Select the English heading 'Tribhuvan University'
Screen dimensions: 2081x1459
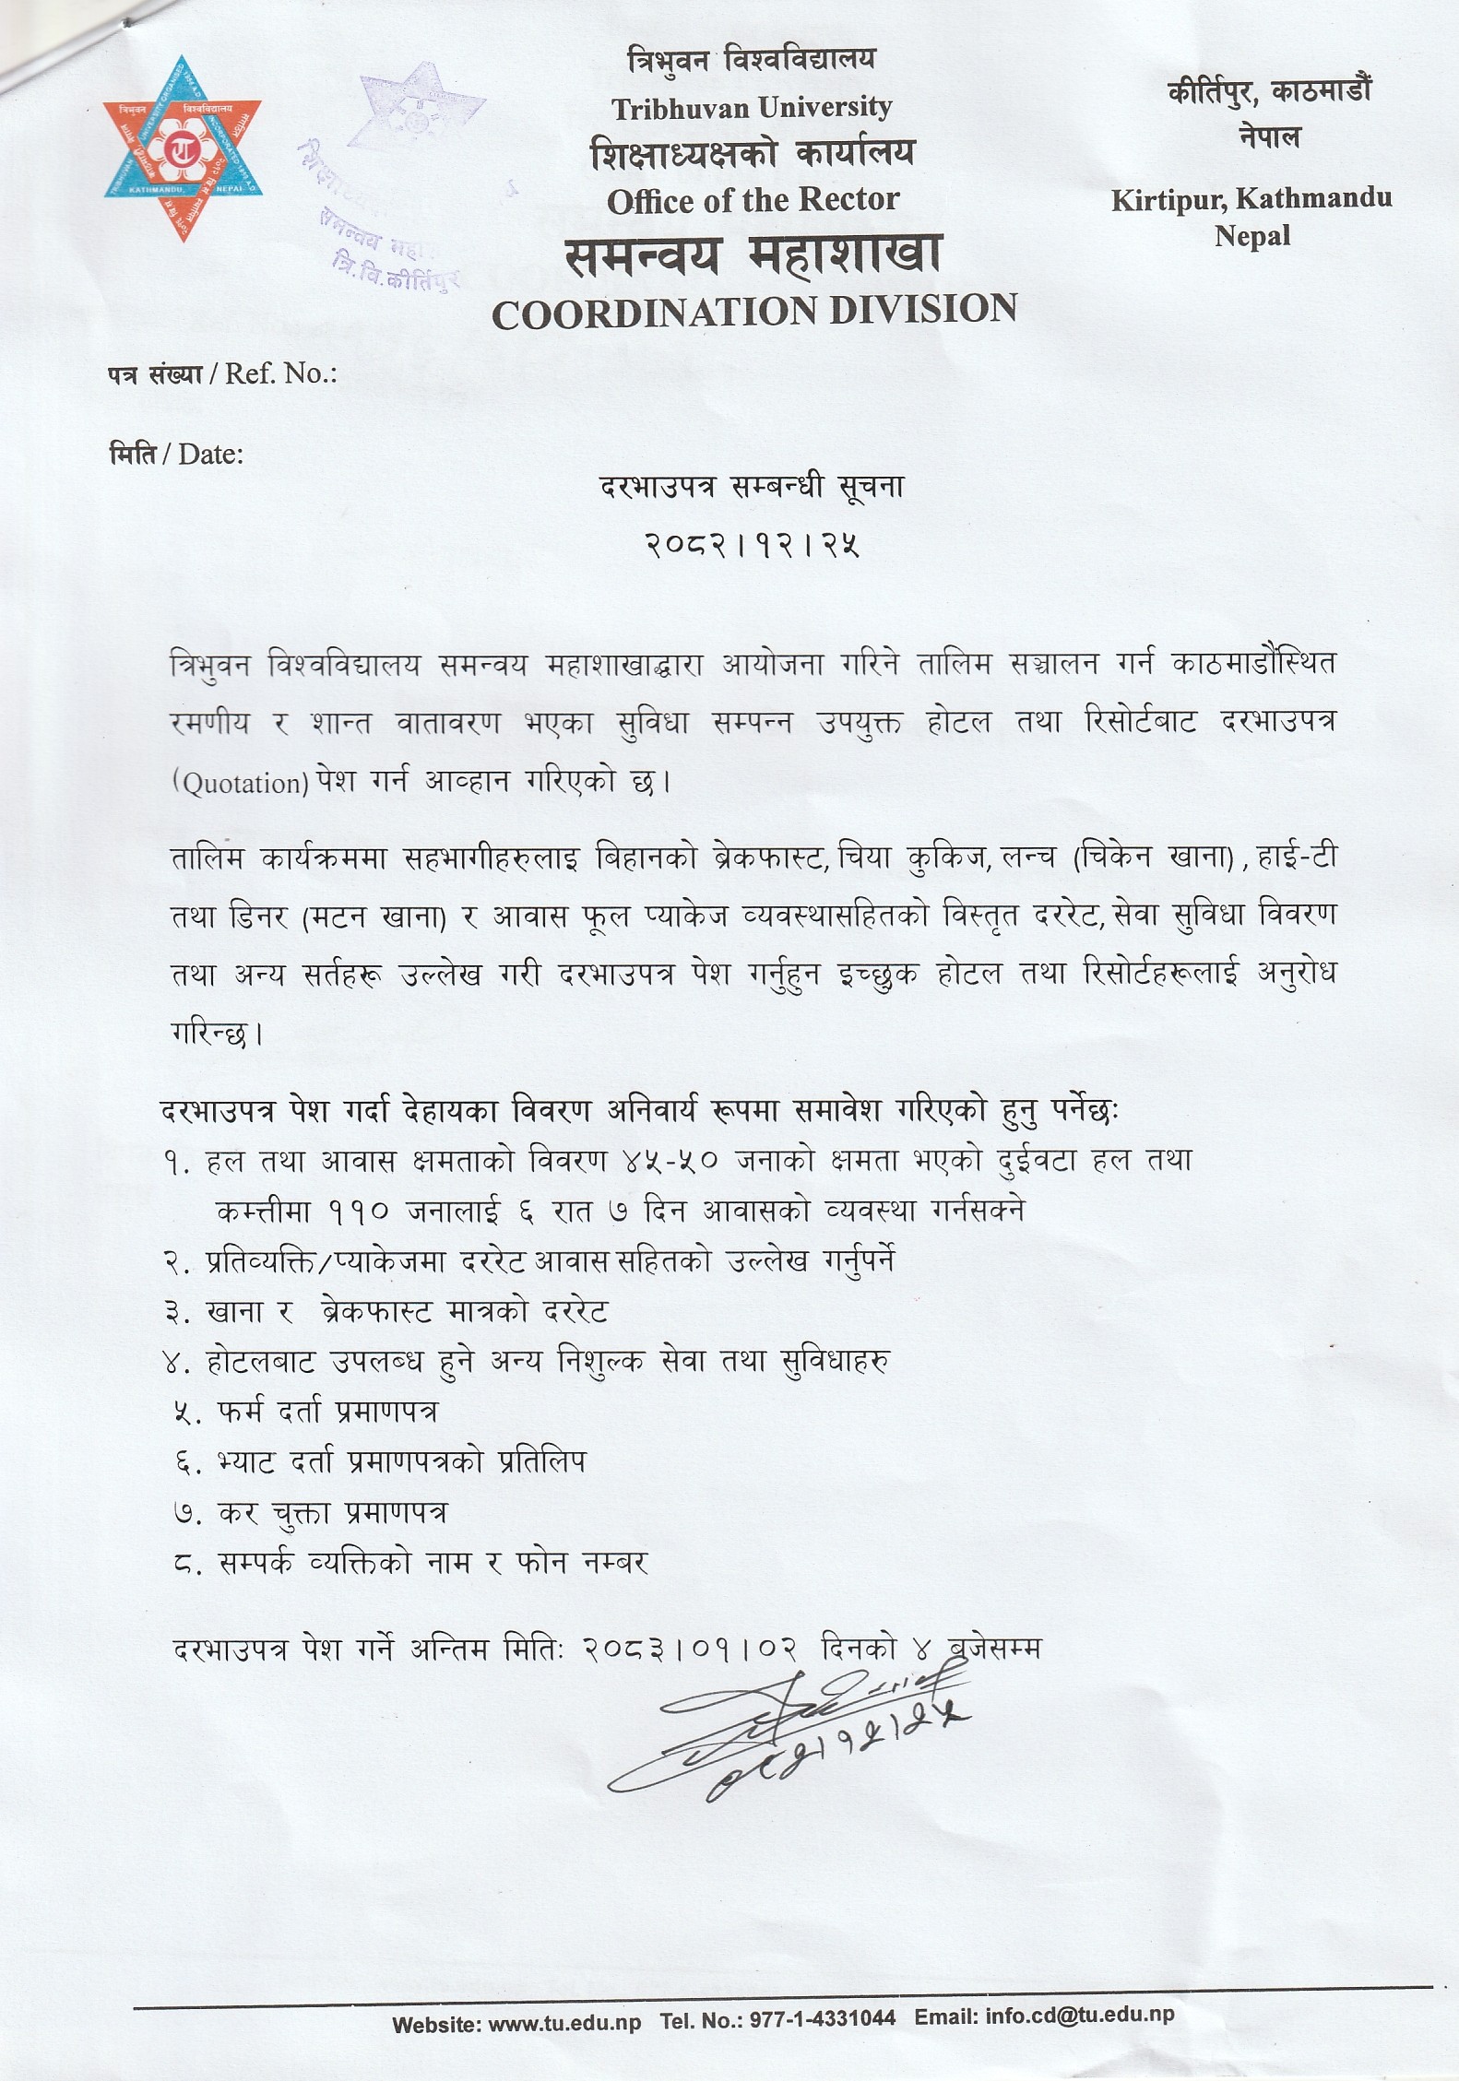[x=752, y=109]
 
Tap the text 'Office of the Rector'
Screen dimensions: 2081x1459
[x=753, y=200]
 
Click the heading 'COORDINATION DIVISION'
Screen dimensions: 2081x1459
[x=754, y=311]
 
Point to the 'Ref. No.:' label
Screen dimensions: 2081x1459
[x=280, y=373]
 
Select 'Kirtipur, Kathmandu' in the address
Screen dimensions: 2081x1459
[x=1251, y=198]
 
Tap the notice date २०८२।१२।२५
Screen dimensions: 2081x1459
[x=753, y=545]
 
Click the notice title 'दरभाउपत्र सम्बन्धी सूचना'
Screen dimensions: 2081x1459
[x=753, y=486]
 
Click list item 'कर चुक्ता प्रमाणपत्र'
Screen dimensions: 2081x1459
[x=333, y=1513]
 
